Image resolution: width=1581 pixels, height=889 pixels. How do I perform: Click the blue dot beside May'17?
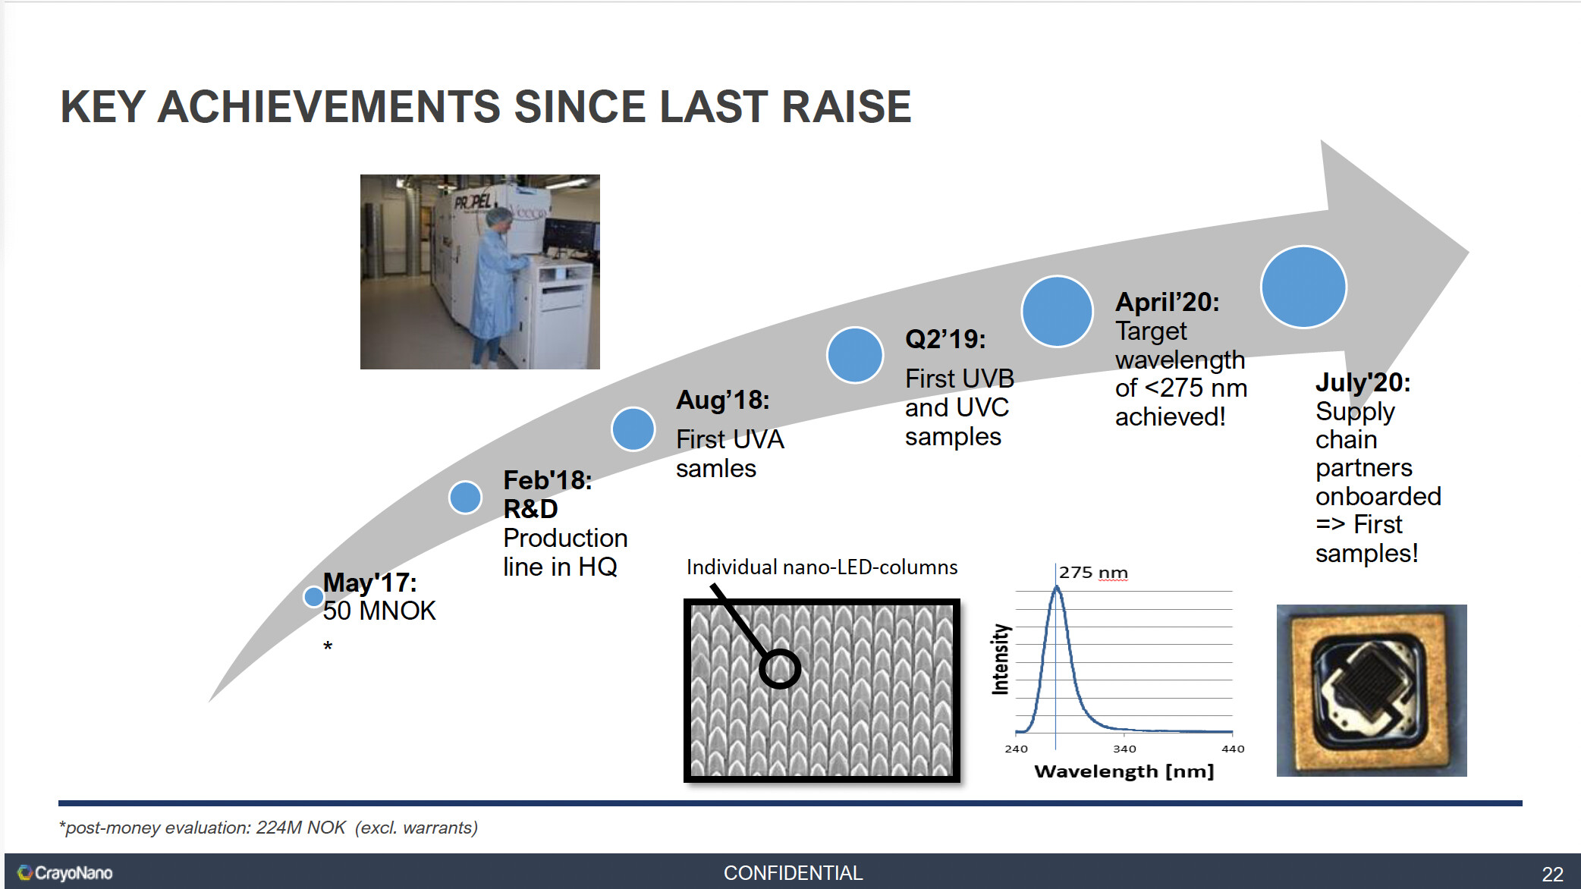pos(313,597)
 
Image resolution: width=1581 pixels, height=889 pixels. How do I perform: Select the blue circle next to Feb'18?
pos(465,498)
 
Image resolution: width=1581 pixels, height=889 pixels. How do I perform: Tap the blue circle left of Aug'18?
pos(633,429)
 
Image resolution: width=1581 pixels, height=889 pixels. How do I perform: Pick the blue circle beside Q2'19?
pos(855,355)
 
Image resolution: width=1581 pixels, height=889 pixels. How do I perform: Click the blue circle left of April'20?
pos(1057,312)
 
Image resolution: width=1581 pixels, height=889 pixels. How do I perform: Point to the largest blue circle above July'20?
pos(1303,287)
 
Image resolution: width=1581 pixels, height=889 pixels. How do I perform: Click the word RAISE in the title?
pos(846,106)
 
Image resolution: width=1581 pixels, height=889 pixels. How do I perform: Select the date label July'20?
pos(1363,382)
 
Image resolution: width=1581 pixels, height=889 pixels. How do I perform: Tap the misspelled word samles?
pos(716,469)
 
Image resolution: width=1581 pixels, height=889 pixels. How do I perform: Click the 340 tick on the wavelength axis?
pos(1124,749)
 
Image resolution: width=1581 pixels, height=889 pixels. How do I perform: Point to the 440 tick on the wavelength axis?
pos(1233,749)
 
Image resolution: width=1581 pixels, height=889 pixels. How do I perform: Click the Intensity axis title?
pos(1001,659)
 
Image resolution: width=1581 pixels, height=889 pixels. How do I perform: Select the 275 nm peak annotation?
pos(1093,573)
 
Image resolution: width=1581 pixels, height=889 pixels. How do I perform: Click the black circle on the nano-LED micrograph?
pos(780,668)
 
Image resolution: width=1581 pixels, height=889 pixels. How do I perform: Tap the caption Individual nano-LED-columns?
pos(822,567)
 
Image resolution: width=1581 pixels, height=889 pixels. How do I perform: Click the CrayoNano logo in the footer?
pos(65,873)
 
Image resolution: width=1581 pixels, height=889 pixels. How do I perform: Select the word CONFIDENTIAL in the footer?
pos(793,873)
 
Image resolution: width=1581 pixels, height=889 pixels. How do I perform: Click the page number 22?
pos(1552,875)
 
